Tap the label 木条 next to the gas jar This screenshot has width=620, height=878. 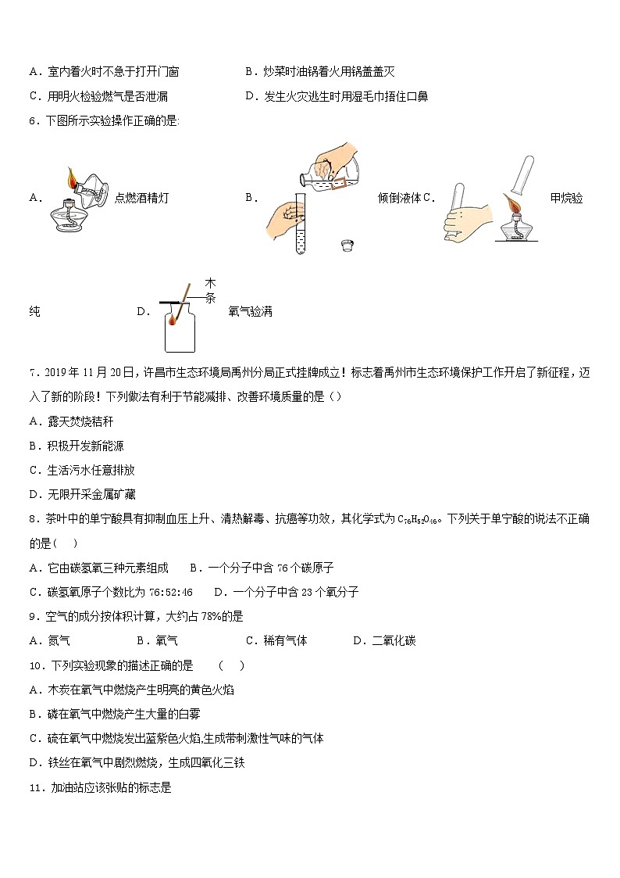[210, 289]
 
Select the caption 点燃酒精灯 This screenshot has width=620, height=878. [141, 198]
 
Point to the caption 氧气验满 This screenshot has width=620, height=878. [250, 311]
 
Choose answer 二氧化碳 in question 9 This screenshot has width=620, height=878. [394, 640]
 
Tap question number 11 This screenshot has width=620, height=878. [35, 788]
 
